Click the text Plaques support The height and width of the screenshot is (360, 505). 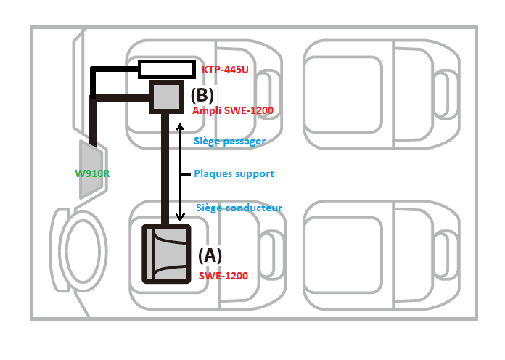pyautogui.click(x=234, y=174)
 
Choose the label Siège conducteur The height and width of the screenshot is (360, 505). pyautogui.click(x=239, y=208)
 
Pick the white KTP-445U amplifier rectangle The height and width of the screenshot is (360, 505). pyautogui.click(x=167, y=70)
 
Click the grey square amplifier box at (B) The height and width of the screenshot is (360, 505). pyautogui.click(x=166, y=97)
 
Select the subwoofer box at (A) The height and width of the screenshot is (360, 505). pyautogui.click(x=165, y=254)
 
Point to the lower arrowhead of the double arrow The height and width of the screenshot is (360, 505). pyautogui.click(x=181, y=218)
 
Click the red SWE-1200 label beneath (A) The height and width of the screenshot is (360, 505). pyautogui.click(x=223, y=277)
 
